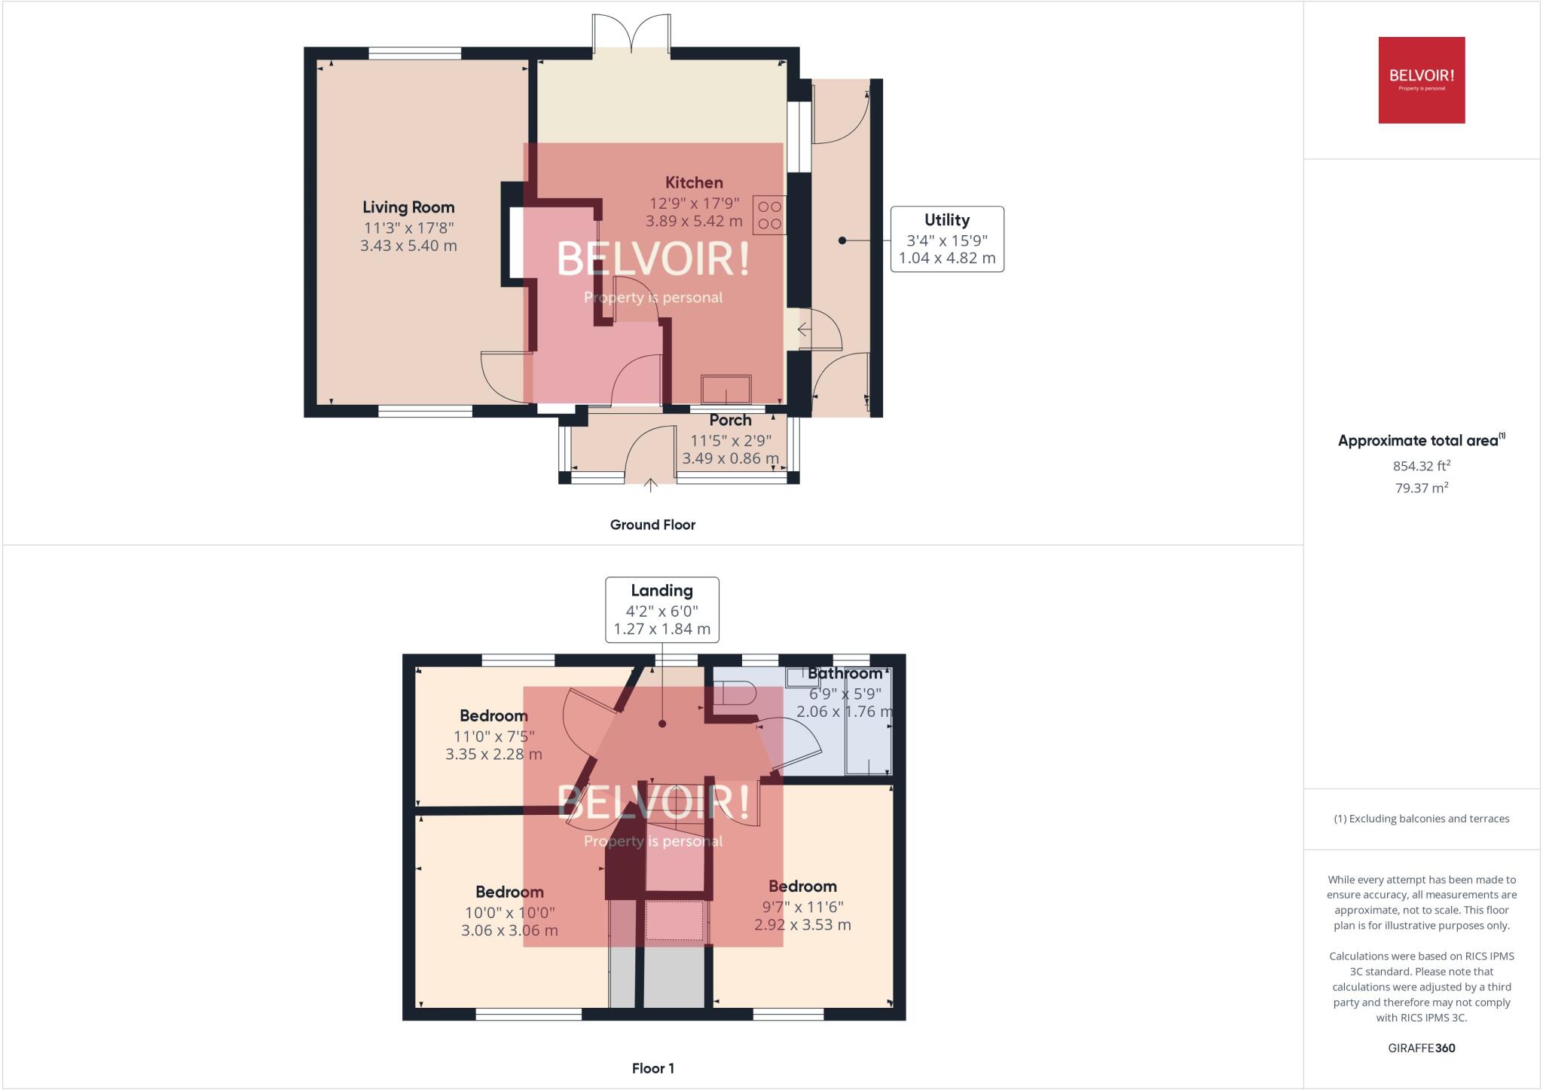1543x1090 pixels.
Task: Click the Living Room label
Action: pos(408,207)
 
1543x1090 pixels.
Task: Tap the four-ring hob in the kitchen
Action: pos(769,214)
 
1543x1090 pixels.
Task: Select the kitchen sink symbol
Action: pos(726,390)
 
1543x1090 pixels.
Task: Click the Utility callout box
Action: pos(947,239)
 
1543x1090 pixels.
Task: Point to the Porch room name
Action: pos(730,421)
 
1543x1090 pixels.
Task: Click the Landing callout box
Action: pos(662,610)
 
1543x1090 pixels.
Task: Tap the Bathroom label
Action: pos(845,673)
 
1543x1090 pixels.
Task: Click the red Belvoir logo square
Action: pos(1421,80)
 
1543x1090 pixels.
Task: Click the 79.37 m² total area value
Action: pos(1421,488)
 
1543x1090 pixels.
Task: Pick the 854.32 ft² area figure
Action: pos(1421,466)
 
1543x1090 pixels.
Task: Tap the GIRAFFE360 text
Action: pos(1421,1048)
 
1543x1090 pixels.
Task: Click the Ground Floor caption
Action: pos(652,525)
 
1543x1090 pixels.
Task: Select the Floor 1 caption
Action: pos(652,1068)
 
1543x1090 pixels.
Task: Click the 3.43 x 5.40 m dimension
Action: pos(408,246)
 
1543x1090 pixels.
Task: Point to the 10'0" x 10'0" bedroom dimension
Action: pos(509,912)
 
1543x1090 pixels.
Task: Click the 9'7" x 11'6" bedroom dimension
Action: pos(802,906)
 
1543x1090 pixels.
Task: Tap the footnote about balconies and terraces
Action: pos(1421,819)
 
